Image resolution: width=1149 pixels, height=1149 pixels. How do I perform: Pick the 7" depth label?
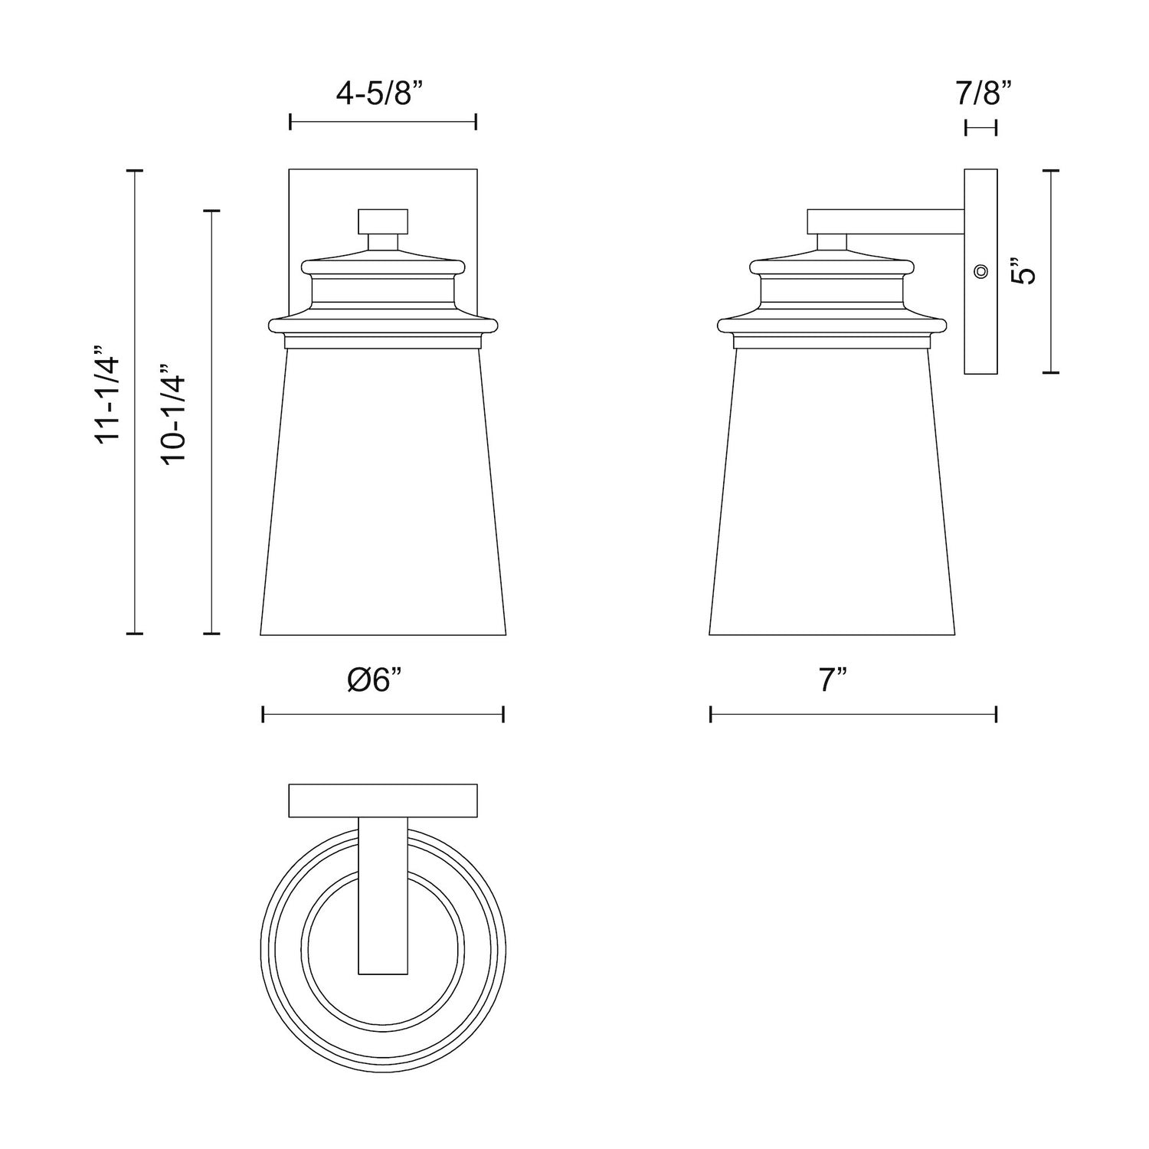tap(833, 679)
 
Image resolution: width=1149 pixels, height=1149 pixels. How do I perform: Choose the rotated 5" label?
tap(1023, 270)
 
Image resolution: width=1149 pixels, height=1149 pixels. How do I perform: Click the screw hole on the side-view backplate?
tap(980, 270)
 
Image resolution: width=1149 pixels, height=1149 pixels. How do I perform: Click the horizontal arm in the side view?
tap(885, 222)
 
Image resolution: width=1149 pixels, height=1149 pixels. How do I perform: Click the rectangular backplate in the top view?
tap(383, 800)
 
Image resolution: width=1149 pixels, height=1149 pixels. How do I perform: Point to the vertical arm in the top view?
tap(383, 896)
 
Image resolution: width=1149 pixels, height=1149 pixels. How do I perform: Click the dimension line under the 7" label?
tap(853, 715)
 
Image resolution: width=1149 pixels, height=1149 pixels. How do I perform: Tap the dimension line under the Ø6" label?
tap(383, 715)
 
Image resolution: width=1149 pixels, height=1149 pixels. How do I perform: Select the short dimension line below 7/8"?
tap(981, 128)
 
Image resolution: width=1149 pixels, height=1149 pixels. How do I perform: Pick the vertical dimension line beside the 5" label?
tap(1050, 271)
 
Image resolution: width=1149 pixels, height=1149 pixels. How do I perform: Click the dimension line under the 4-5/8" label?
tap(383, 122)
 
